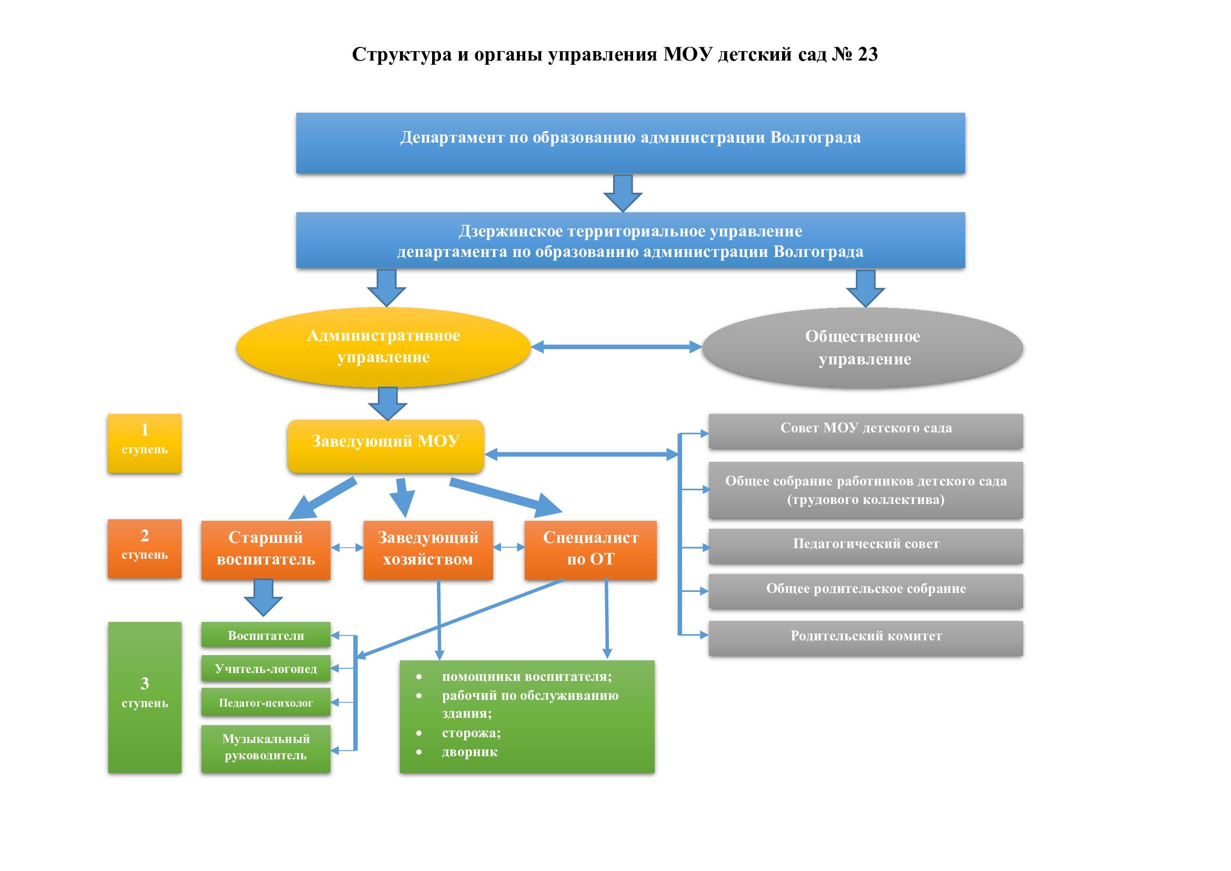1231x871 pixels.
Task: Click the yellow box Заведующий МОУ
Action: tap(385, 446)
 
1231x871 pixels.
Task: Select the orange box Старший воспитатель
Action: tap(265, 549)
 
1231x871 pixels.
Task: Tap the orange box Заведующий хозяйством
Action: tap(428, 549)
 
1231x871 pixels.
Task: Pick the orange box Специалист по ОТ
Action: tap(591, 549)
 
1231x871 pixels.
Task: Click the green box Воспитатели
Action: tap(265, 635)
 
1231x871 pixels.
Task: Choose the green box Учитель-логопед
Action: tap(265, 668)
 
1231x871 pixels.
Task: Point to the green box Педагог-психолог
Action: tap(265, 702)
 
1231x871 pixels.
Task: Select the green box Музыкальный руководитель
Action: tap(265, 748)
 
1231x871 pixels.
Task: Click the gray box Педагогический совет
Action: tap(865, 546)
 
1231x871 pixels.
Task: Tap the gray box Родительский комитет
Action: tap(865, 638)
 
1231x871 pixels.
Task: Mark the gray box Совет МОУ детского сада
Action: tap(865, 430)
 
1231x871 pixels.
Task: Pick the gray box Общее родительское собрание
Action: tap(865, 590)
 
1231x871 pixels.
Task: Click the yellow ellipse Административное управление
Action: tap(383, 347)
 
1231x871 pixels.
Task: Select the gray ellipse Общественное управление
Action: tap(862, 348)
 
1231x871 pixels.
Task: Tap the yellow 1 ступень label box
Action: tap(144, 443)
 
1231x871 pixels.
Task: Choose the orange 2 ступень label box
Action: tap(144, 548)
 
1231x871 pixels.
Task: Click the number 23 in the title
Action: tap(867, 54)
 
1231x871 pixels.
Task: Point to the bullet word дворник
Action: tap(469, 752)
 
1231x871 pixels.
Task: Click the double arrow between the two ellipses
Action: tap(616, 347)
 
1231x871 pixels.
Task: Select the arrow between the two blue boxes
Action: tap(623, 193)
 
